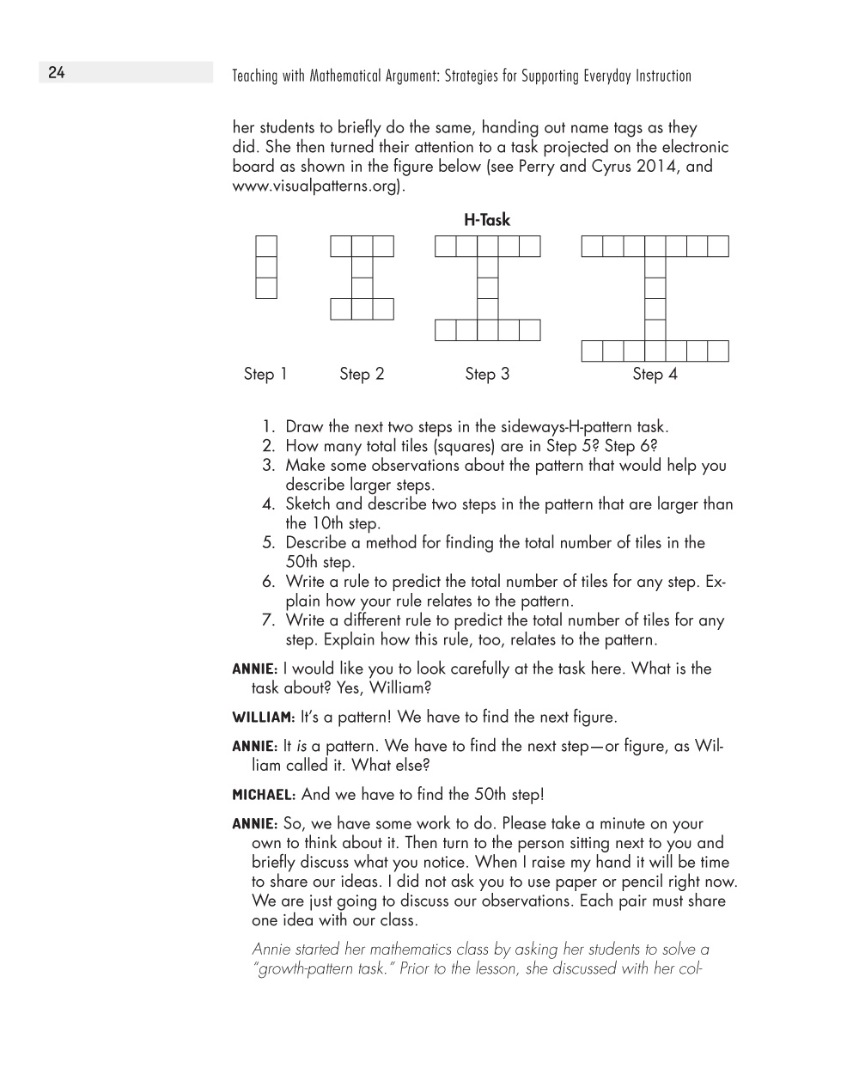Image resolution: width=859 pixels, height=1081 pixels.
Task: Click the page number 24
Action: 57,73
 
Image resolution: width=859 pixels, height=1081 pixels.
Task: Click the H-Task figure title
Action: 487,220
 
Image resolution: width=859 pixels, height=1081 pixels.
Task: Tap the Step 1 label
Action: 265,374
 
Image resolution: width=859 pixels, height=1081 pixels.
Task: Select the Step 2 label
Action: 362,374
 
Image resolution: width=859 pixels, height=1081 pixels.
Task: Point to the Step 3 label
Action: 487,374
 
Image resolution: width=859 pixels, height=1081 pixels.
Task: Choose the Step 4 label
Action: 655,374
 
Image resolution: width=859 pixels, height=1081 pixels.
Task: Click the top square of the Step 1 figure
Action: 266,247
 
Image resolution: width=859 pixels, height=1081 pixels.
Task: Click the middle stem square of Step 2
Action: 362,288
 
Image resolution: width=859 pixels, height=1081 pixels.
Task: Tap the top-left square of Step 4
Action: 592,247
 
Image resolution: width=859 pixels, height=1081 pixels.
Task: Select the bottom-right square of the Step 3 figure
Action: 530,330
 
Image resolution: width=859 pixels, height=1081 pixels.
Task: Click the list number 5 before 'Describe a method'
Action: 269,543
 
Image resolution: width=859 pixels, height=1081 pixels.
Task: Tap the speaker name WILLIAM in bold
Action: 264,718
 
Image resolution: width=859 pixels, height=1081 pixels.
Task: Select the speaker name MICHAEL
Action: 264,795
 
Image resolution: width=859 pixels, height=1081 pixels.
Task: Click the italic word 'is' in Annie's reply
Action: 302,746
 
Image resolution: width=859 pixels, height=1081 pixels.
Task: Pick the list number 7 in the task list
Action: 269,620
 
